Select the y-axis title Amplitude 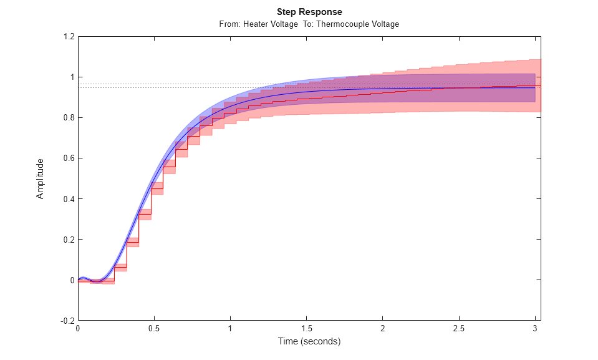[41, 178]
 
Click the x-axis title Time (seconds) [309, 341]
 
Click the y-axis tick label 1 [72, 77]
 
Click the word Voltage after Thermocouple [385, 24]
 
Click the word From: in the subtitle [230, 24]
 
